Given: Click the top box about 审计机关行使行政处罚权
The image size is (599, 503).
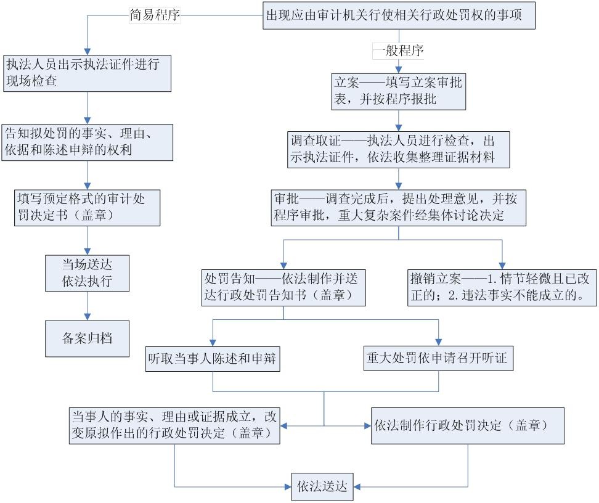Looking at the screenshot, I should [x=399, y=15].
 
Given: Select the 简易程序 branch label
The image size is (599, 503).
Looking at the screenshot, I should [x=155, y=15].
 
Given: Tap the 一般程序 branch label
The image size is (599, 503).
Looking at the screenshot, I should [x=399, y=50].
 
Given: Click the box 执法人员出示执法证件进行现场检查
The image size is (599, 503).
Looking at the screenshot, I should [x=87, y=73].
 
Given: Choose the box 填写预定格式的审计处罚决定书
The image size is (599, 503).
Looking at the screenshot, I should [x=87, y=207].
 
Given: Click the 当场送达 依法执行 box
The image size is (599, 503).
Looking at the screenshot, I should [x=87, y=272].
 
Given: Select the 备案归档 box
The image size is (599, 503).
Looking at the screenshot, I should [x=87, y=338].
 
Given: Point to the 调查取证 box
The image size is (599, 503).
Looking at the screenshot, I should [x=399, y=149].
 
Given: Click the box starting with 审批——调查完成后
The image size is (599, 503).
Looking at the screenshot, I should [x=399, y=207].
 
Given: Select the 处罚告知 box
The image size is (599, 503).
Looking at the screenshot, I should [x=283, y=287].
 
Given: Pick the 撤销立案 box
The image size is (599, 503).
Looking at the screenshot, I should [x=502, y=287].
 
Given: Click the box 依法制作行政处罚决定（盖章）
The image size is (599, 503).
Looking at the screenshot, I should [x=468, y=425].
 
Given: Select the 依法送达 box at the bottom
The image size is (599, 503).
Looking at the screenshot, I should [x=322, y=487].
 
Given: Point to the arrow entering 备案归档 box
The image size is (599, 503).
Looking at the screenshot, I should [x=87, y=311].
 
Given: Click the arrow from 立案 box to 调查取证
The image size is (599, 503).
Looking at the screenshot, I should [x=399, y=120].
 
